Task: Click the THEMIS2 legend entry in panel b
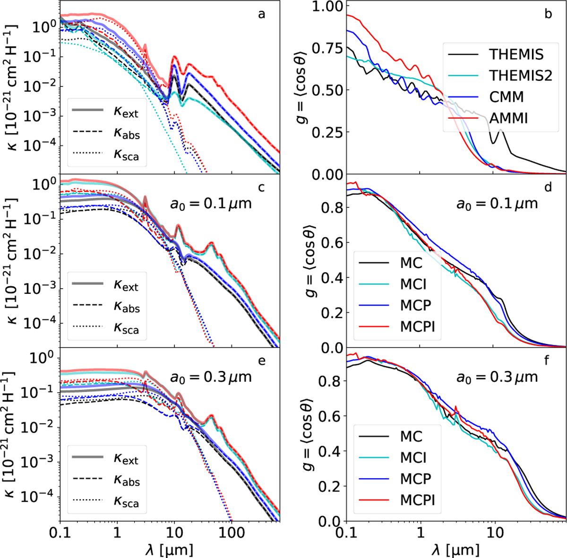(520, 75)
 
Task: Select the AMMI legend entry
(509, 118)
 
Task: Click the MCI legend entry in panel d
(413, 283)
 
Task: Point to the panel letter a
(261, 14)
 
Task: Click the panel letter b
(548, 14)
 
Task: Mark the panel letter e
(261, 361)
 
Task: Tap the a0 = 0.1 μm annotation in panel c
(210, 204)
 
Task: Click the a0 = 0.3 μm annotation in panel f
(497, 377)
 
